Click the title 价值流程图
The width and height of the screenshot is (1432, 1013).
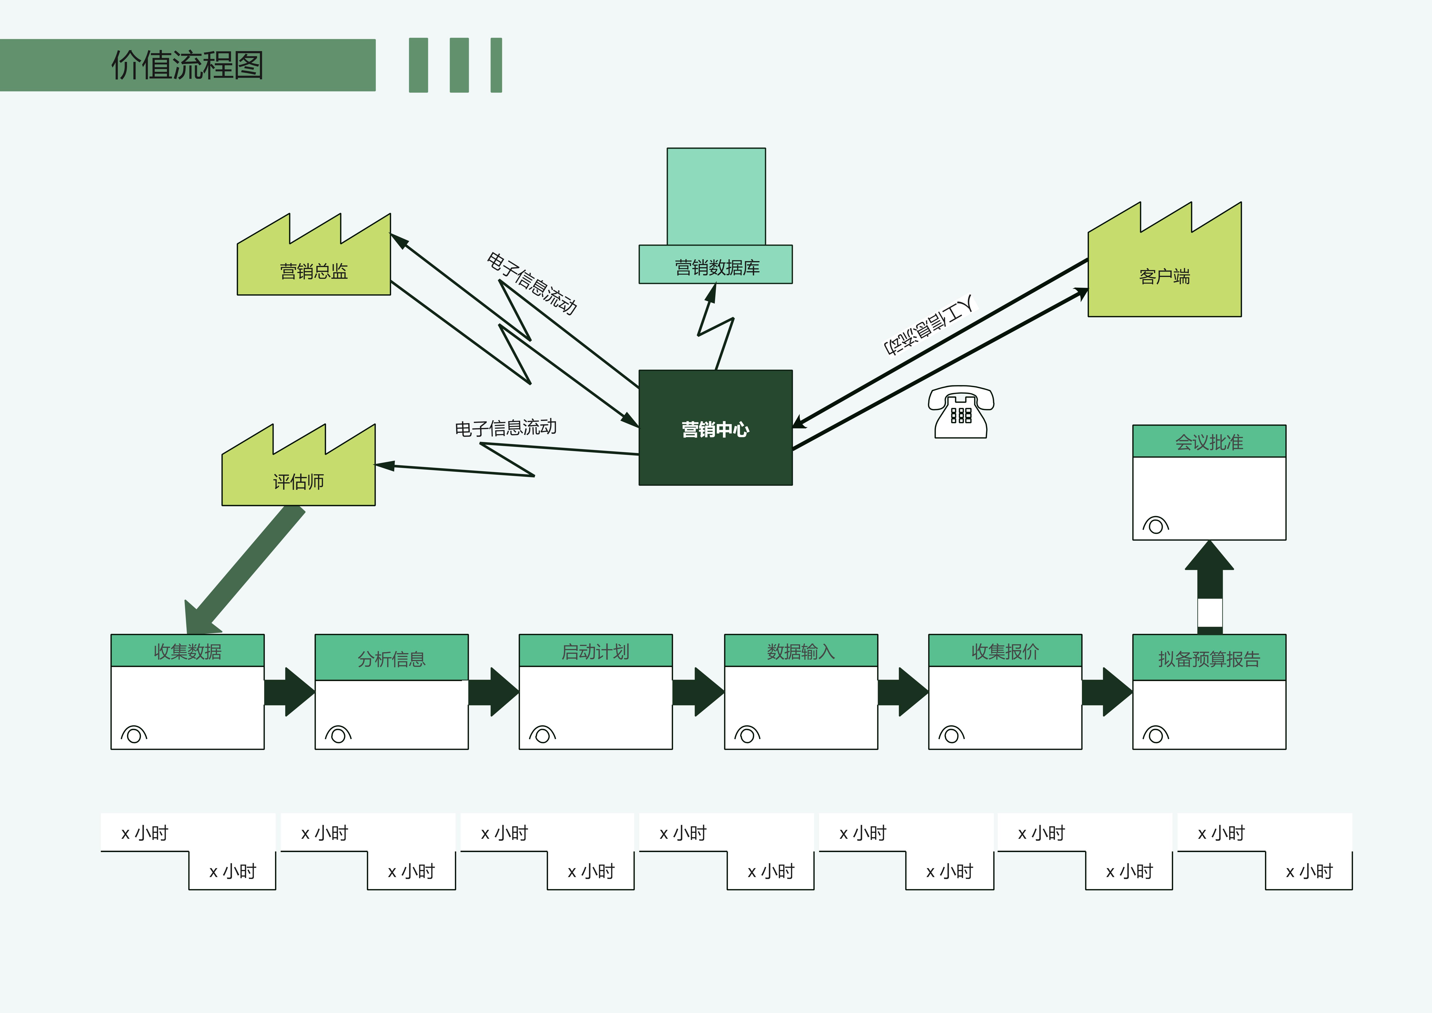point(187,65)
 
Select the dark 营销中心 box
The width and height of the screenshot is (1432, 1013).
point(715,428)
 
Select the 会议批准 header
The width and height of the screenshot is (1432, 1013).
point(1209,442)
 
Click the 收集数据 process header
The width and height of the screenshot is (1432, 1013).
point(187,651)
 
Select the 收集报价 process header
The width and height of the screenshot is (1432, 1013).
point(1005,651)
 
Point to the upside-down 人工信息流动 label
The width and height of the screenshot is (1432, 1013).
point(928,325)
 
